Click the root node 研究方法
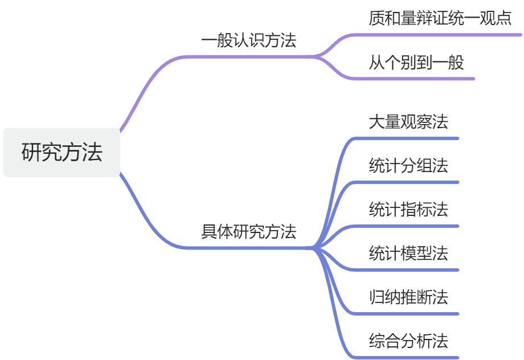click(x=62, y=153)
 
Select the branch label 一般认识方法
click(x=249, y=41)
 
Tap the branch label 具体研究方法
click(x=249, y=232)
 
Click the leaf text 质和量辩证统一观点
click(x=440, y=18)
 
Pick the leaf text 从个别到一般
click(x=416, y=62)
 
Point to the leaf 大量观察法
click(x=408, y=122)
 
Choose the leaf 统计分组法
click(x=408, y=166)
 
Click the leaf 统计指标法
click(x=408, y=210)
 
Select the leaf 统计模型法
click(x=408, y=253)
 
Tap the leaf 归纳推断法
click(x=408, y=297)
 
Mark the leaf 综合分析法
click(x=408, y=341)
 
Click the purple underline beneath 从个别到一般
click(x=421, y=79)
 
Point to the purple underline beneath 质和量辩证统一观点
click(x=444, y=35)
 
